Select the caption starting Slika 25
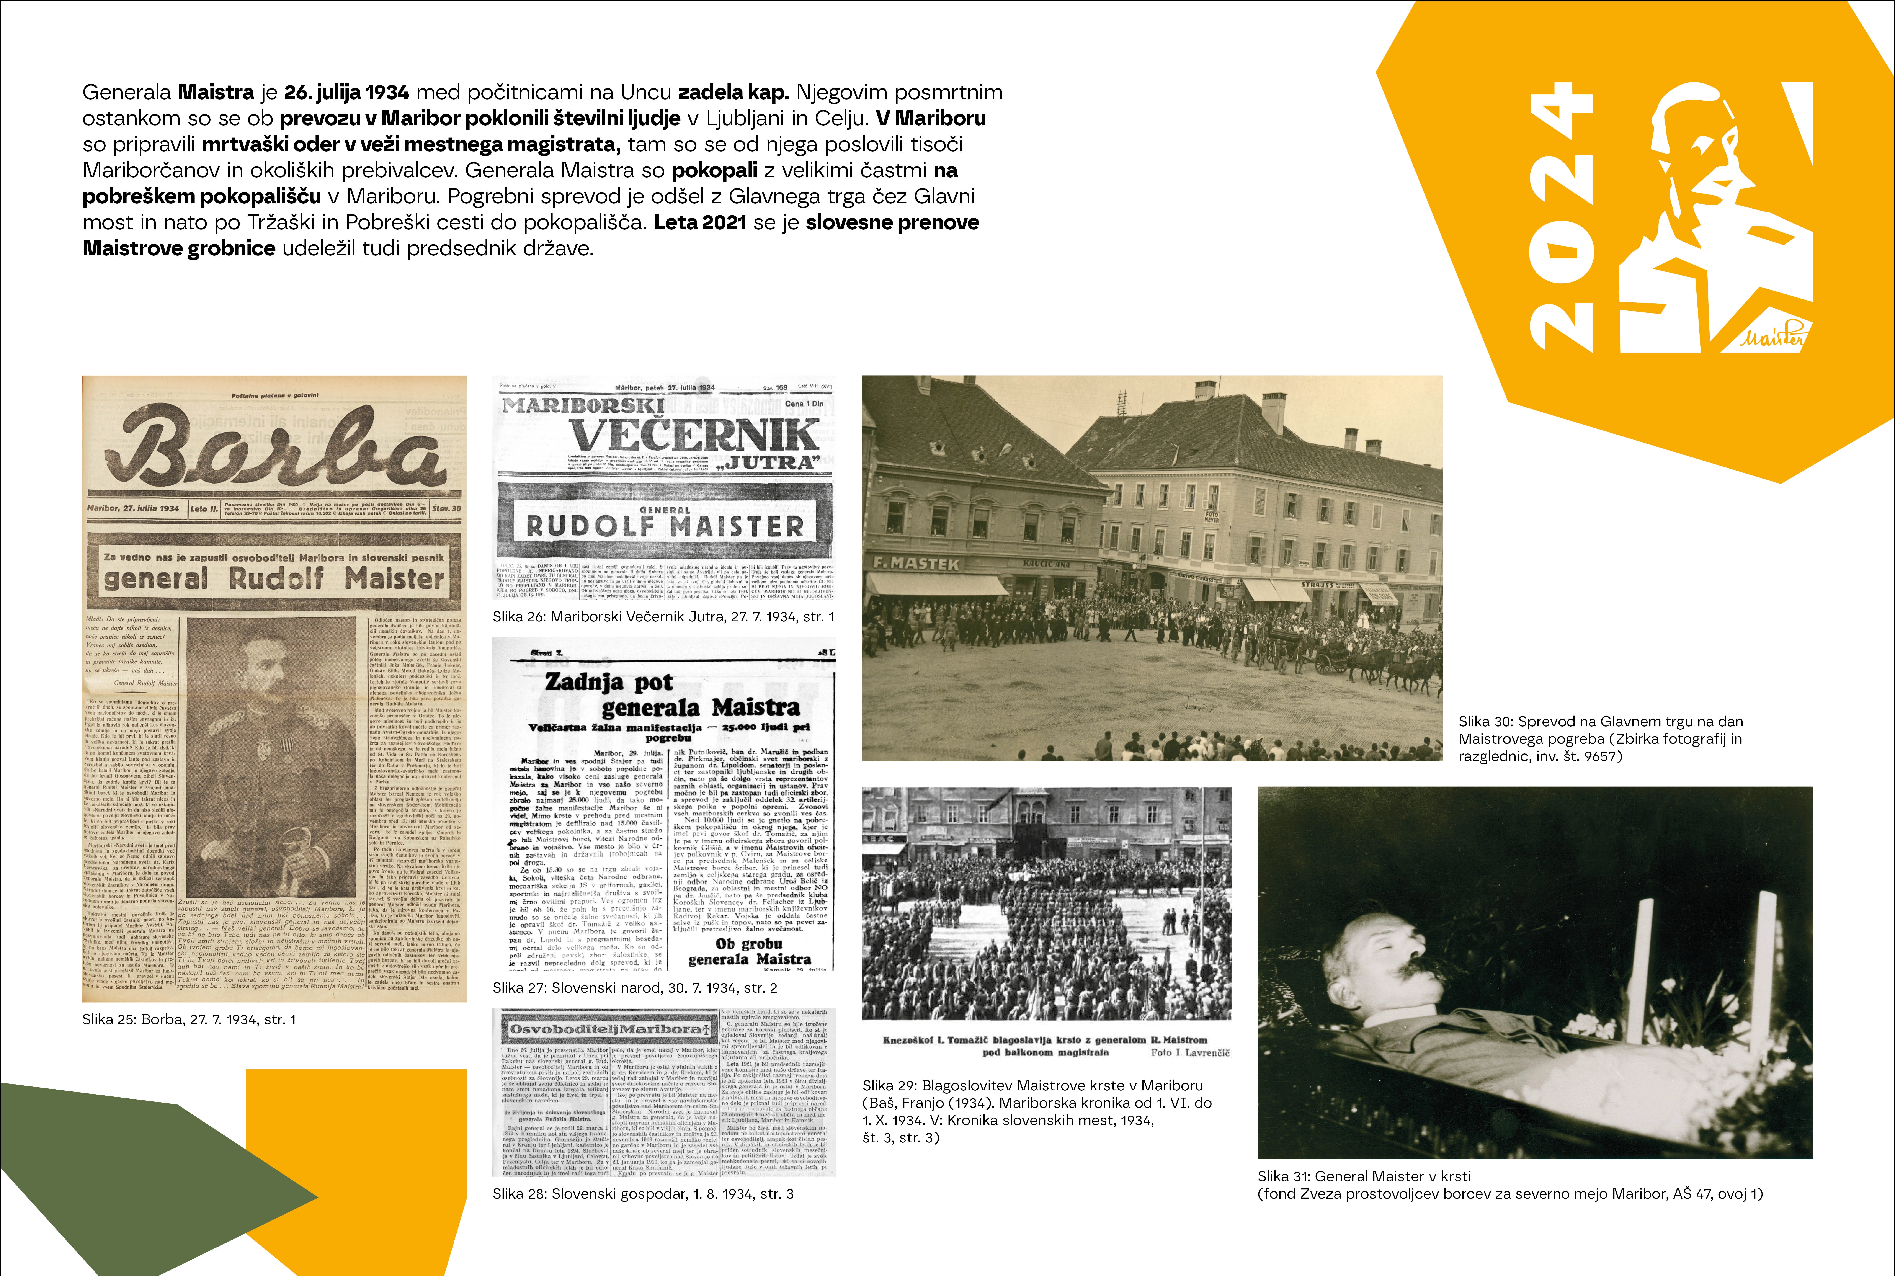pyautogui.click(x=189, y=1020)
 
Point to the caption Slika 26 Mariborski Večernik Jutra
pyautogui.click(x=663, y=617)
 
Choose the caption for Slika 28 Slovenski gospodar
pyautogui.click(x=643, y=1194)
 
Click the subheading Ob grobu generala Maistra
pyautogui.click(x=749, y=952)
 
